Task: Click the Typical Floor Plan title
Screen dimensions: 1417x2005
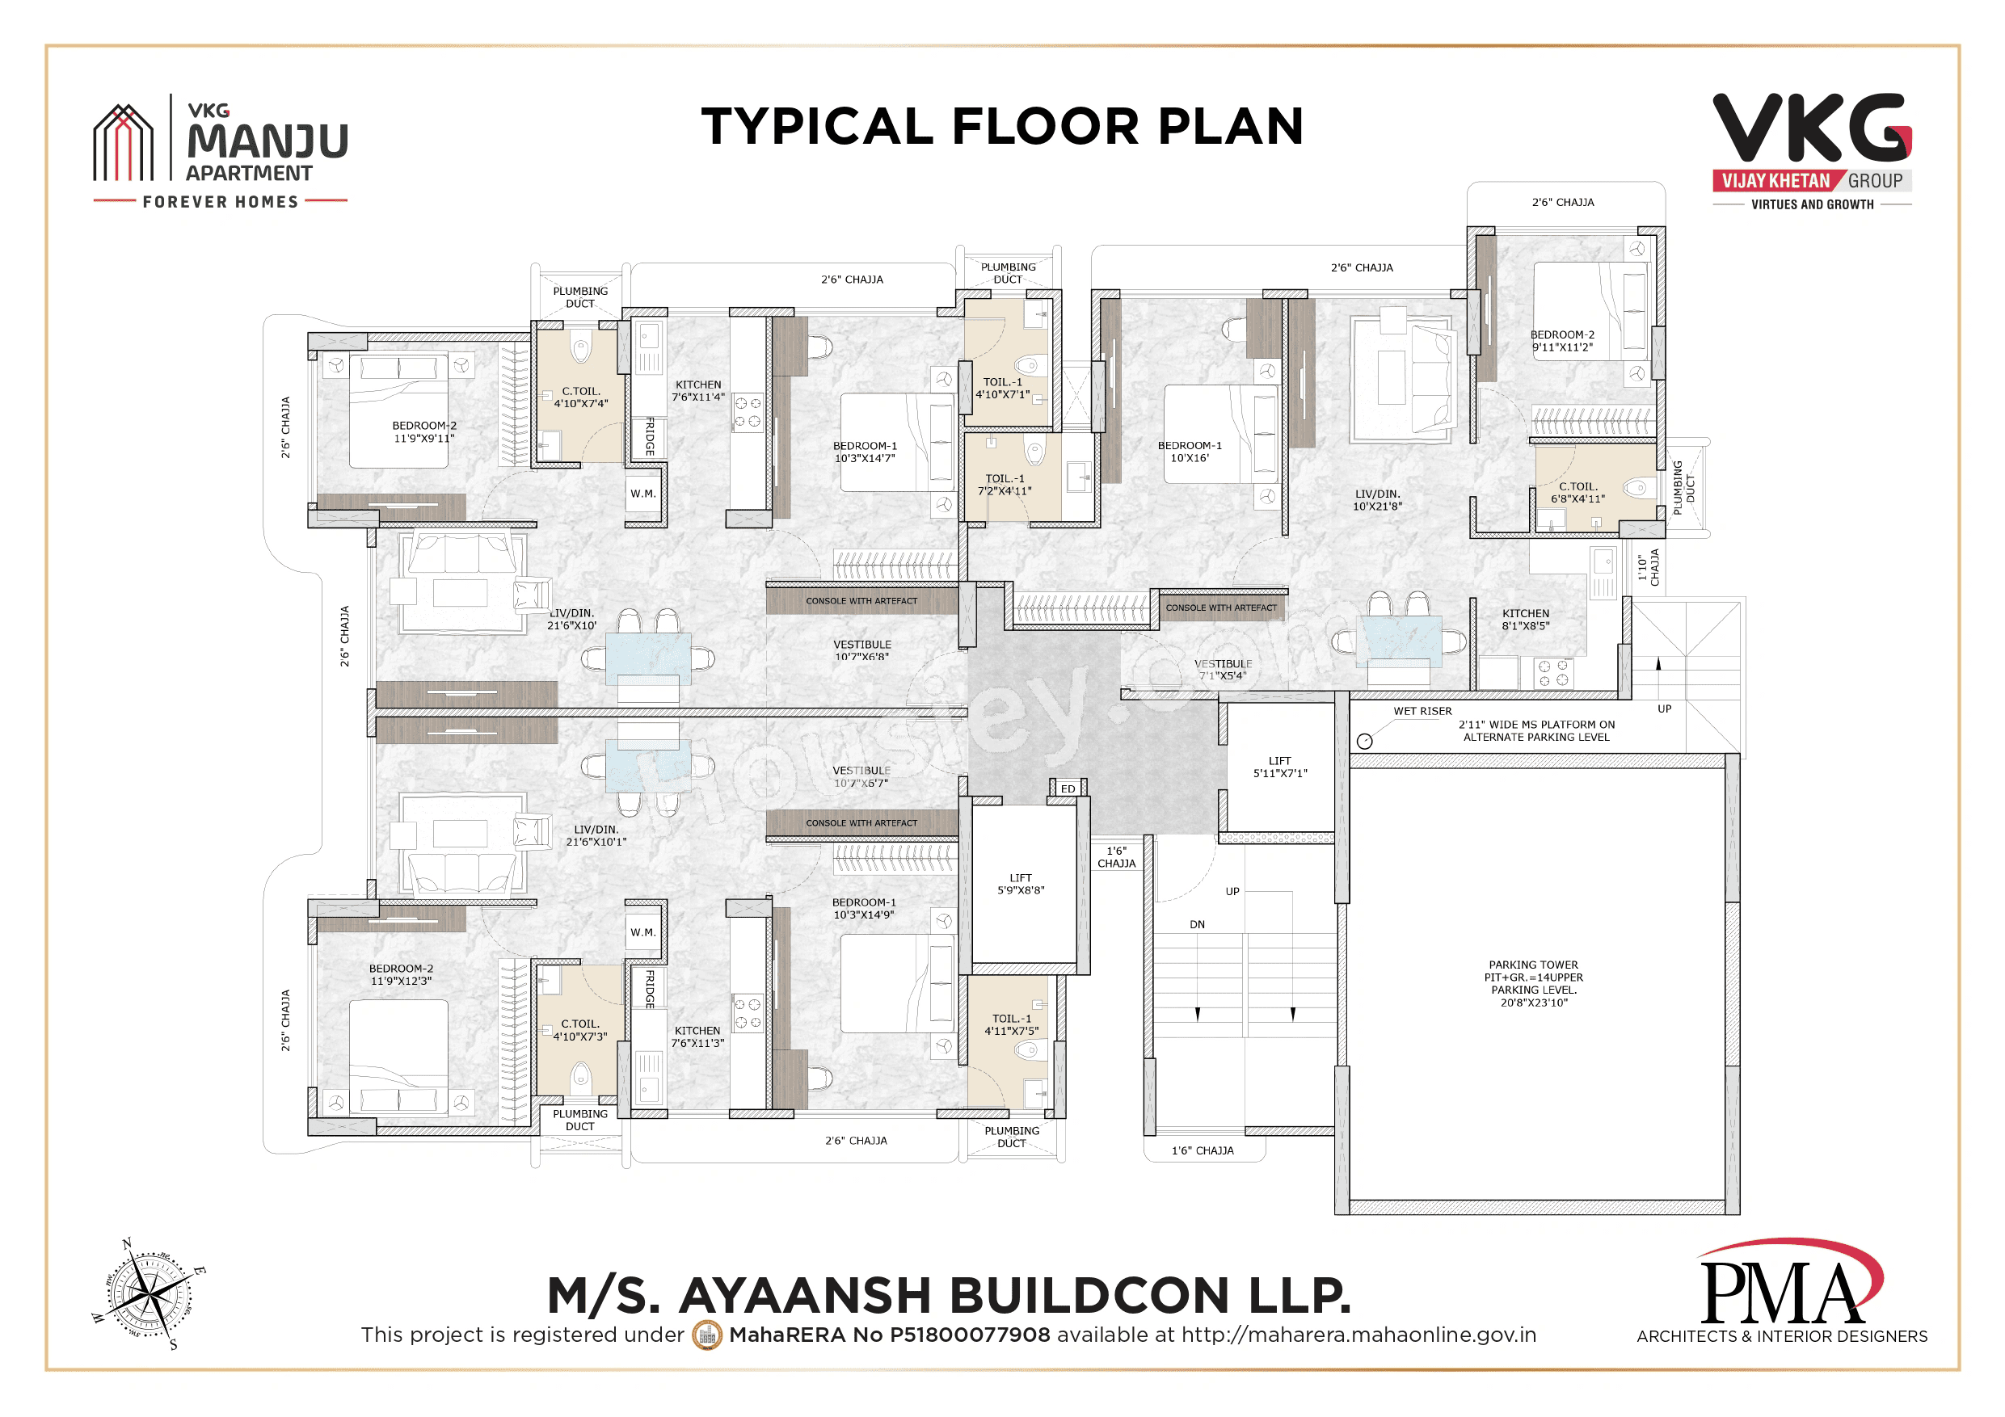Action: pos(1001,126)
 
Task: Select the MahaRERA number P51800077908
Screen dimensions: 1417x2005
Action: pos(889,1335)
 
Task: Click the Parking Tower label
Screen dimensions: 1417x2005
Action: pos(1533,983)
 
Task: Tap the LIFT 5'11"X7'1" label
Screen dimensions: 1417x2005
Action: pos(1279,767)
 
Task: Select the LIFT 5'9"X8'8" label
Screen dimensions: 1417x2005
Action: pos(1020,884)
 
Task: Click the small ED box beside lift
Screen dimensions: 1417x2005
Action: pos(1067,788)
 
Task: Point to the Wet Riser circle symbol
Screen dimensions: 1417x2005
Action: pos(1365,742)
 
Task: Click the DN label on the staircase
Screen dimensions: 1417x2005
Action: pos(1196,923)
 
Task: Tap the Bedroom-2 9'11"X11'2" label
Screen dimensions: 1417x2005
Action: pos(1561,340)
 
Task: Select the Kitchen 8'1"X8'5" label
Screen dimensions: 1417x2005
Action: pos(1525,619)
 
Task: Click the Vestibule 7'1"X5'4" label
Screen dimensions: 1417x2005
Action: pos(1223,670)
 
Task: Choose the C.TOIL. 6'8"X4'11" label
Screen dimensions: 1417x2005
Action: pos(1577,493)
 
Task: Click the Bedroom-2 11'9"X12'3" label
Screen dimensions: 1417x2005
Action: pos(400,974)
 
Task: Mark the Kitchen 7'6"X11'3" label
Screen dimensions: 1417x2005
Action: pos(697,1036)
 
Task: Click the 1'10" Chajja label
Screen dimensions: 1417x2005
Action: pos(1648,567)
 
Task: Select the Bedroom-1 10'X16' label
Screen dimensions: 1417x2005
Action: pos(1190,452)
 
